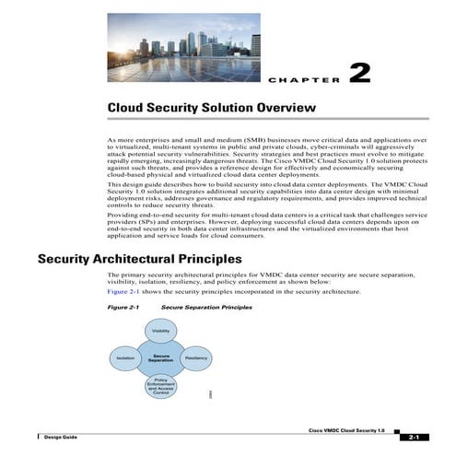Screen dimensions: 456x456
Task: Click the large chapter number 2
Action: tap(359, 73)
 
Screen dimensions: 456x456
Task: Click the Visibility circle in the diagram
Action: tap(160, 330)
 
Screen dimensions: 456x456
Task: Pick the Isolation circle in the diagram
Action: tap(125, 357)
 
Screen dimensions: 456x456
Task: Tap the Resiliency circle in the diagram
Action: tap(196, 357)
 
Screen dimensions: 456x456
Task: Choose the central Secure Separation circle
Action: tap(160, 357)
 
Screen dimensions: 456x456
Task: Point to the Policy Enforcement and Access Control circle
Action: tap(160, 384)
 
